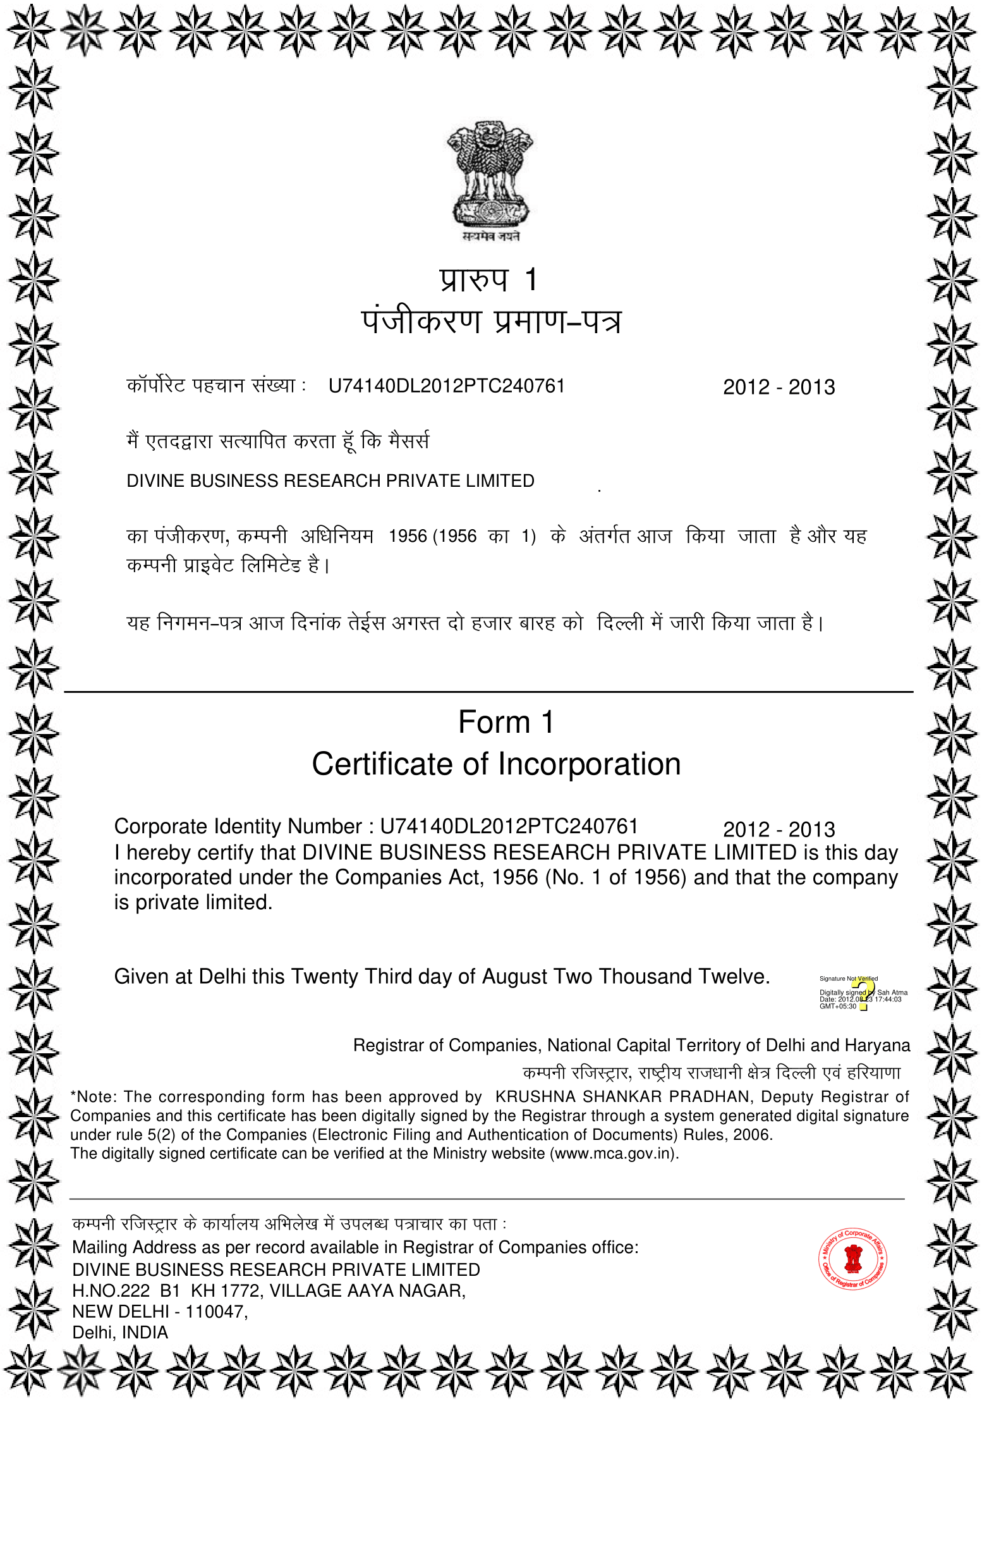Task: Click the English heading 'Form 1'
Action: [506, 722]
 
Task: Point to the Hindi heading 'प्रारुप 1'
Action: [488, 279]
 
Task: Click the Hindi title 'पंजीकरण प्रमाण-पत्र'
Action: [491, 322]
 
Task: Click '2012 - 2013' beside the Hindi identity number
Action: [779, 387]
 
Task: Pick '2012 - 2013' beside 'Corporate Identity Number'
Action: [779, 829]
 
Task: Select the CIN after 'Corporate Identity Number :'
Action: [509, 826]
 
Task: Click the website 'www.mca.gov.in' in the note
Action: [613, 1153]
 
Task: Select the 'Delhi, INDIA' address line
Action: [120, 1332]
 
